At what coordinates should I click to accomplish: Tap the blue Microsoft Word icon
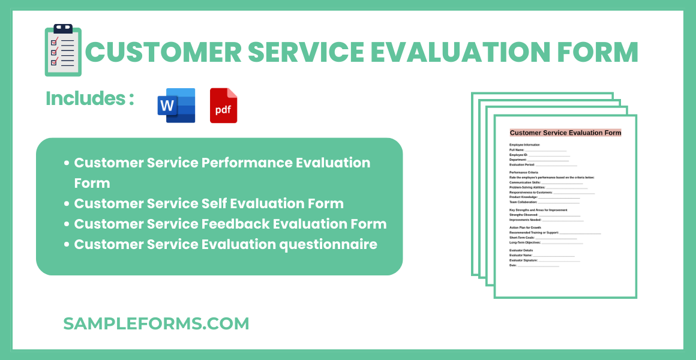click(x=176, y=106)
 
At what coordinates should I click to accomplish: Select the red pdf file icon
click(x=223, y=106)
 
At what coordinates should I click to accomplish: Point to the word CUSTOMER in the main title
click(x=163, y=52)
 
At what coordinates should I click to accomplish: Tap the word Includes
click(x=85, y=98)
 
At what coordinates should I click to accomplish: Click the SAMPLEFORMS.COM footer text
click(x=156, y=324)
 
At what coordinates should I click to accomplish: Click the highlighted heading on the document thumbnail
click(x=565, y=133)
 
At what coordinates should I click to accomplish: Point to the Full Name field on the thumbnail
click(x=538, y=150)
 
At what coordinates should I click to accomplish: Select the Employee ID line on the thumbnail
click(x=539, y=155)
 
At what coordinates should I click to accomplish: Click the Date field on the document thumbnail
click(x=534, y=265)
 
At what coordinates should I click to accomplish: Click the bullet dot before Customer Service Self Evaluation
click(x=67, y=204)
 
